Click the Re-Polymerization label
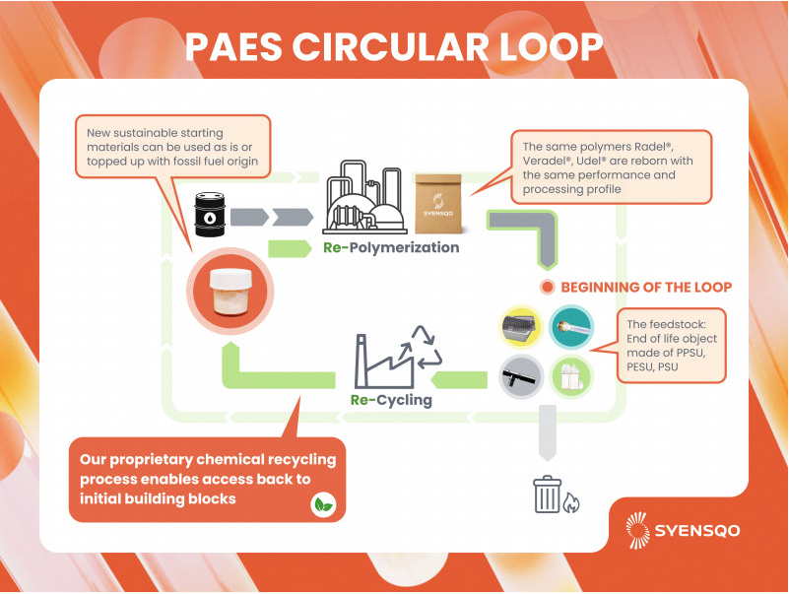[391, 247]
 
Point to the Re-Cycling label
[391, 401]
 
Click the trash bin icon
[547, 495]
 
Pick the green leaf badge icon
[321, 505]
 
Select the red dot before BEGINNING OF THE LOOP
[547, 288]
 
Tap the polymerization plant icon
[362, 197]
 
